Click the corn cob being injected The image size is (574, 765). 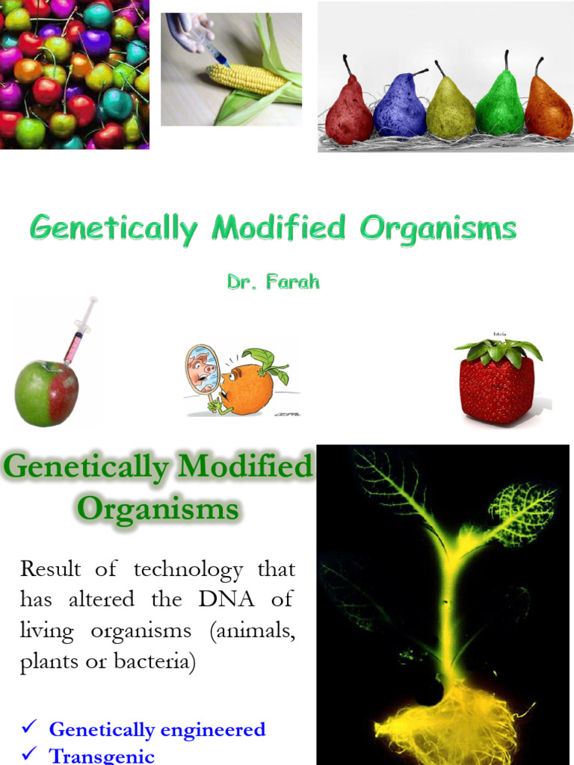[x=247, y=78]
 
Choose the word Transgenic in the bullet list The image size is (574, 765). [x=102, y=756]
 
